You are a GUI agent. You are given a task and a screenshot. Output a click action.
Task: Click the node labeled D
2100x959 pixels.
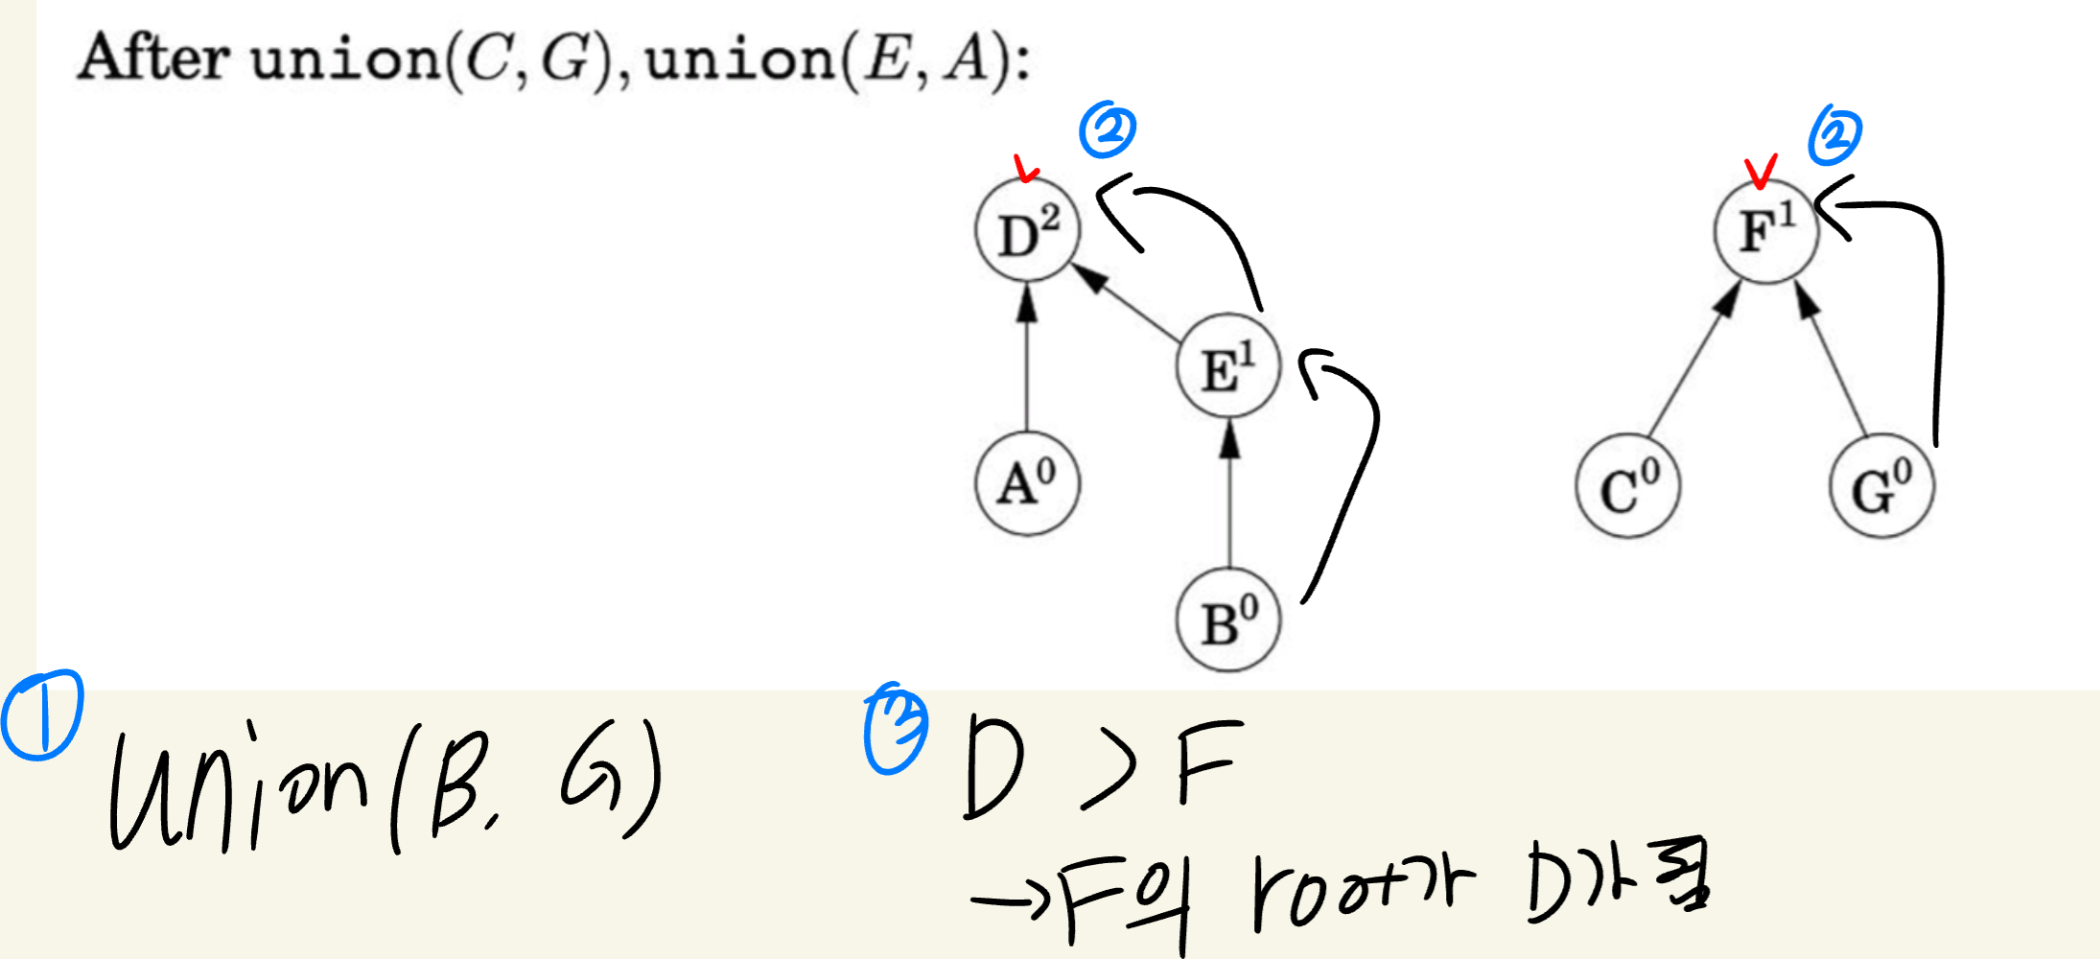1027,230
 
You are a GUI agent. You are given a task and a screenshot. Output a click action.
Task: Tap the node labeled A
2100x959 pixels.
1027,482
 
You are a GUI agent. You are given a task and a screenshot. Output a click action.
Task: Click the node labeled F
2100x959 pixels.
1766,231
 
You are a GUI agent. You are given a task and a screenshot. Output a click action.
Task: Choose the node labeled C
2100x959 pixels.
1627,487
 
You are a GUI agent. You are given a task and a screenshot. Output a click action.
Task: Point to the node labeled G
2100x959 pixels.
1881,487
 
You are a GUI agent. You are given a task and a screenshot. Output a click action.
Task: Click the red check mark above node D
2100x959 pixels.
1025,169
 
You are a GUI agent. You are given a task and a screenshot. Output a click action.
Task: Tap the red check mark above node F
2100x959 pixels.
1761,171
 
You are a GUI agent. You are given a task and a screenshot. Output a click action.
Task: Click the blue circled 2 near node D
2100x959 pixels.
1108,129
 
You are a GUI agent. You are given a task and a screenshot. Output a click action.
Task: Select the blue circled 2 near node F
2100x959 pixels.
1834,135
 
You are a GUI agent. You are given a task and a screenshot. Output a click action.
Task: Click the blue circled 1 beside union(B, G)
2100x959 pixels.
42,715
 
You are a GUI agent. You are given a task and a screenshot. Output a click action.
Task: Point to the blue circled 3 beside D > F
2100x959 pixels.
896,731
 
